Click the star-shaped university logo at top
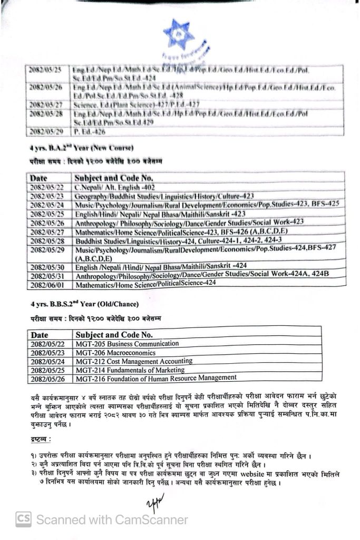pyautogui.click(x=179, y=34)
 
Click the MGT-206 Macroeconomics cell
pyautogui.click(x=115, y=353)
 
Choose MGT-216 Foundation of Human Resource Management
pyautogui.click(x=156, y=378)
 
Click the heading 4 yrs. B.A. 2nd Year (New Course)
pyautogui.click(x=82, y=147)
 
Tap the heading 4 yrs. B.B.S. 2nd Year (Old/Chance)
pyautogui.click(x=85, y=304)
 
